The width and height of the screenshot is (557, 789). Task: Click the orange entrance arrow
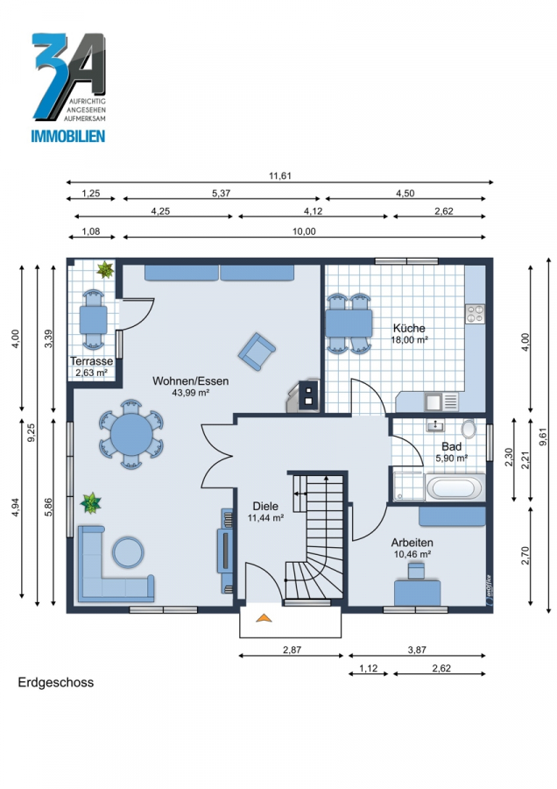click(264, 617)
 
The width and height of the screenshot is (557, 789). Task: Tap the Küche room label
click(409, 328)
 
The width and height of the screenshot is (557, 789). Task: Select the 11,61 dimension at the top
click(280, 175)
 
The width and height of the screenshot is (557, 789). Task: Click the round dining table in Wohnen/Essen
click(130, 434)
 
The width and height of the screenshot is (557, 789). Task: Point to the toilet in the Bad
click(469, 428)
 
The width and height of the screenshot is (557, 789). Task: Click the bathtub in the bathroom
click(455, 487)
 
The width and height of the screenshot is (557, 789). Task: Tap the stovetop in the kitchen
click(475, 314)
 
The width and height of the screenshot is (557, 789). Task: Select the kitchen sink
click(433, 402)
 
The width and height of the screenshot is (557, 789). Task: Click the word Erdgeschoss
click(56, 682)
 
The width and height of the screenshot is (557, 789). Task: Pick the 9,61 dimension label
click(542, 436)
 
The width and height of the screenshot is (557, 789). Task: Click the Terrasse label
click(91, 361)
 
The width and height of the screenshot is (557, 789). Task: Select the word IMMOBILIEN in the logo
click(68, 136)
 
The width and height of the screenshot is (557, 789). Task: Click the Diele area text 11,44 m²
click(266, 517)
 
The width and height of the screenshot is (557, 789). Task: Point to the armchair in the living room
click(257, 352)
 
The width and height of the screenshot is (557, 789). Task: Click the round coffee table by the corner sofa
click(128, 552)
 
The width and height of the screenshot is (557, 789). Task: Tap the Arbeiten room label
click(412, 543)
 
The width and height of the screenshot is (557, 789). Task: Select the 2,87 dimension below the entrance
click(292, 650)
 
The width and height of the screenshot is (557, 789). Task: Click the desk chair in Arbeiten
click(416, 571)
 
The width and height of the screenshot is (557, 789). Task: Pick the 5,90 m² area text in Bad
click(451, 458)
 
